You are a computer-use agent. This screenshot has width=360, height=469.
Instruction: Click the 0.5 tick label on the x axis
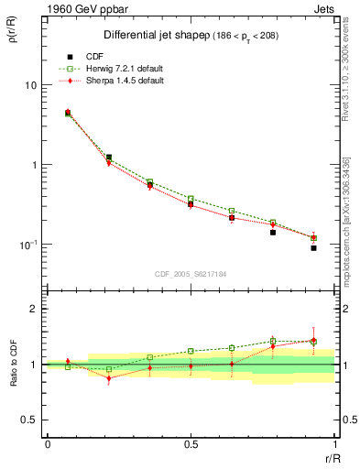click(x=191, y=444)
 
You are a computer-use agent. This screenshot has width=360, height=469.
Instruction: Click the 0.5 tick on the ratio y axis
click(x=27, y=420)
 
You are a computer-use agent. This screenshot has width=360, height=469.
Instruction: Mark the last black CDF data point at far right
click(x=313, y=248)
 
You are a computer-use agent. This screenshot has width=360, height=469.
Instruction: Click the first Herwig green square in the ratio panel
click(x=68, y=366)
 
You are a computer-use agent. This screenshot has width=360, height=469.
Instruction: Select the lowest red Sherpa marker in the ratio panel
click(x=109, y=378)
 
